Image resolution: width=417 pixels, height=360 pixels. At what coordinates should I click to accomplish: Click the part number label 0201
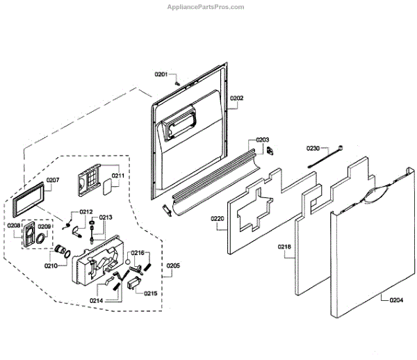tap(161, 74)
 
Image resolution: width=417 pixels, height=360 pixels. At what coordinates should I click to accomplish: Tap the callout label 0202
tap(236, 99)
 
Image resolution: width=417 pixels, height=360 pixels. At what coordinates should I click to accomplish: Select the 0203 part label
tap(262, 140)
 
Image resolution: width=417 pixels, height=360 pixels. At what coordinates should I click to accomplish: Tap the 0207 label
tap(53, 181)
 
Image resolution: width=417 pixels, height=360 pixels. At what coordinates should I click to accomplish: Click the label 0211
tap(117, 176)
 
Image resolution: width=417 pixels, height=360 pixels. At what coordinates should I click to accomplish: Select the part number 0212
tap(85, 212)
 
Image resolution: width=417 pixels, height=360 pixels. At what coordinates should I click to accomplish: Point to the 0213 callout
tap(106, 218)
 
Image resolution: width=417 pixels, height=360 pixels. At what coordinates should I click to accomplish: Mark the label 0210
tap(51, 265)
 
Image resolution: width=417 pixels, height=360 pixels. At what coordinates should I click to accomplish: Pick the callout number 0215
tap(151, 293)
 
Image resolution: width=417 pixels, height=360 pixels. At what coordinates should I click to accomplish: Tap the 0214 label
tap(96, 300)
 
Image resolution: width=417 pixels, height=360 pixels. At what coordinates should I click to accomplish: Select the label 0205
tap(173, 265)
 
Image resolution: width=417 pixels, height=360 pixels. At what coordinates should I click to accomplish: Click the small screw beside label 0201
tap(177, 81)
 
